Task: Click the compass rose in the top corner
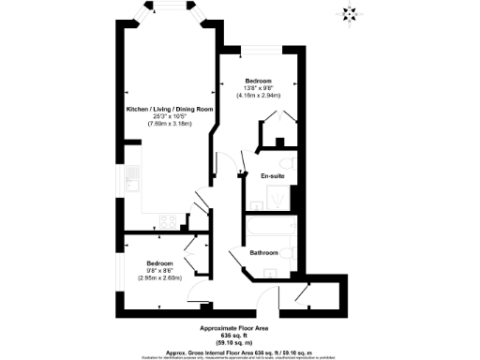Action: coord(351,13)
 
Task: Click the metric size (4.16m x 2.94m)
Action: coord(258,95)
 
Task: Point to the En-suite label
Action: coord(273,175)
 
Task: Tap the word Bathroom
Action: coord(263,253)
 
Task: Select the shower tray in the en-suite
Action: coord(279,198)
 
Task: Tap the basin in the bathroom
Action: coord(269,272)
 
